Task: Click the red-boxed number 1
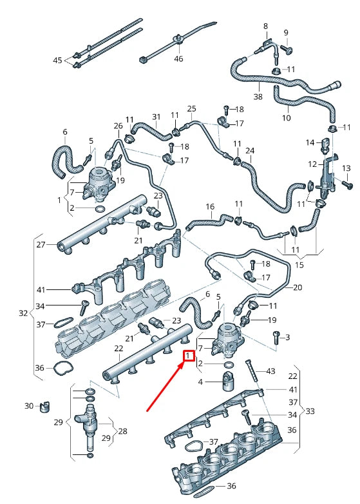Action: point(189,356)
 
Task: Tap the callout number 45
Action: point(58,61)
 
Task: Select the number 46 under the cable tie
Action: point(178,59)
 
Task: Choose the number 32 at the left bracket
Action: point(24,314)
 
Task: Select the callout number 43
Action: point(270,371)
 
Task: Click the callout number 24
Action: point(250,151)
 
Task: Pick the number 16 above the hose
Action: point(210,207)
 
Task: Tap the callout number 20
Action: point(297,287)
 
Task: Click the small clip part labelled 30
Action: point(44,407)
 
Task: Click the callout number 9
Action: point(286,33)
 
